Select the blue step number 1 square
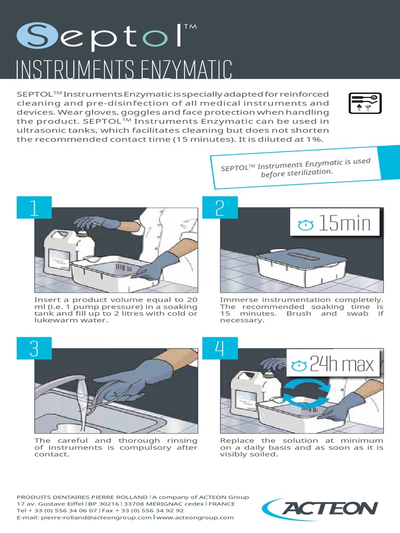34,208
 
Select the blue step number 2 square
219,208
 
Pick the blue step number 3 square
34,348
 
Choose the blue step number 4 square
219,348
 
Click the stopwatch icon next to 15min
306,225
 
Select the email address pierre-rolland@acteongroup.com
84,518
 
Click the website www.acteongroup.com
195,518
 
